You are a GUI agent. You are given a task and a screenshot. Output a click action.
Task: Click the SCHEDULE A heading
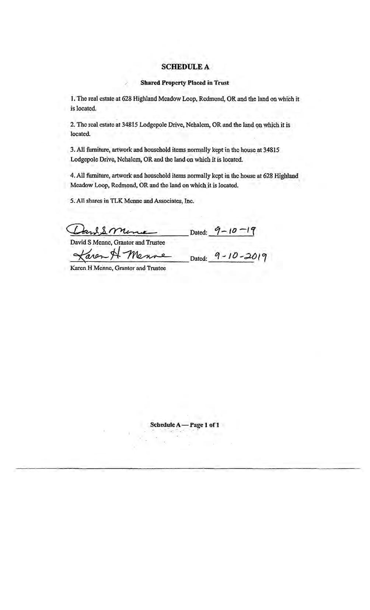tap(185, 67)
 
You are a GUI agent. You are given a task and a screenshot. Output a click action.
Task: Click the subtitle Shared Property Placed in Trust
tap(185, 83)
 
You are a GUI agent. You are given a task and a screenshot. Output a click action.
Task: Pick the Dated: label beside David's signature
tap(199, 233)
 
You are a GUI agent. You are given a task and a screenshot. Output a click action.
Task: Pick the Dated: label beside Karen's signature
tap(199, 259)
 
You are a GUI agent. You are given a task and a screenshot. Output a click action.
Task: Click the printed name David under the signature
tap(77, 243)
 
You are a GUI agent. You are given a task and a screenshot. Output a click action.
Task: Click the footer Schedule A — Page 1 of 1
tap(185, 424)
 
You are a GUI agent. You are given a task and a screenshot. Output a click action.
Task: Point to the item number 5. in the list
tap(72, 201)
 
